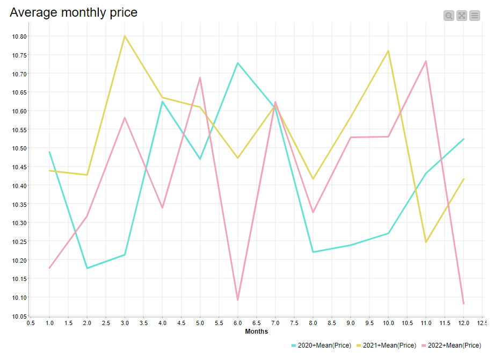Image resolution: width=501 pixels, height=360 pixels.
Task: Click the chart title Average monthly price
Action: click(x=74, y=12)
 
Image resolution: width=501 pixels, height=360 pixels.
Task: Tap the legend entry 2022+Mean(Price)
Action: click(x=454, y=345)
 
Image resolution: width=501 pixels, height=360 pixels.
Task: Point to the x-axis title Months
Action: click(x=257, y=332)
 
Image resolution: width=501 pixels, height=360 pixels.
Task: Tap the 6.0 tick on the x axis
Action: click(x=237, y=323)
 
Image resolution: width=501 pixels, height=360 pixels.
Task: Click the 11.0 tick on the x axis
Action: click(x=426, y=323)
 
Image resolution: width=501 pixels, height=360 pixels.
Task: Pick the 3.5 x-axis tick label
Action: click(x=143, y=323)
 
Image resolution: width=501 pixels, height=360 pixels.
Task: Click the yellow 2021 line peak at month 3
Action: click(x=125, y=36)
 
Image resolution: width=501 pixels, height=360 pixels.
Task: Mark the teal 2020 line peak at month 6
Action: click(x=237, y=63)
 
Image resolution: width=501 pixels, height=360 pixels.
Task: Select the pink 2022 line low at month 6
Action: click(x=237, y=300)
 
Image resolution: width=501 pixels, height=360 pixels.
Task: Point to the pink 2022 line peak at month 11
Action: click(x=426, y=61)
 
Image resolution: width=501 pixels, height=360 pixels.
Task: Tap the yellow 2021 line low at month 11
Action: click(x=426, y=242)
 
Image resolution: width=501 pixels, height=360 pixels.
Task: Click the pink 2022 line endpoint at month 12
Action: click(x=463, y=304)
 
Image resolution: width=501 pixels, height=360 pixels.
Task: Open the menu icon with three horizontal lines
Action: click(x=475, y=16)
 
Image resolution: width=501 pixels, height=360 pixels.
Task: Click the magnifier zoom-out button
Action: click(x=449, y=16)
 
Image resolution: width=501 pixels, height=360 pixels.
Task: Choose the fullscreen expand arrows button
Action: click(x=462, y=16)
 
